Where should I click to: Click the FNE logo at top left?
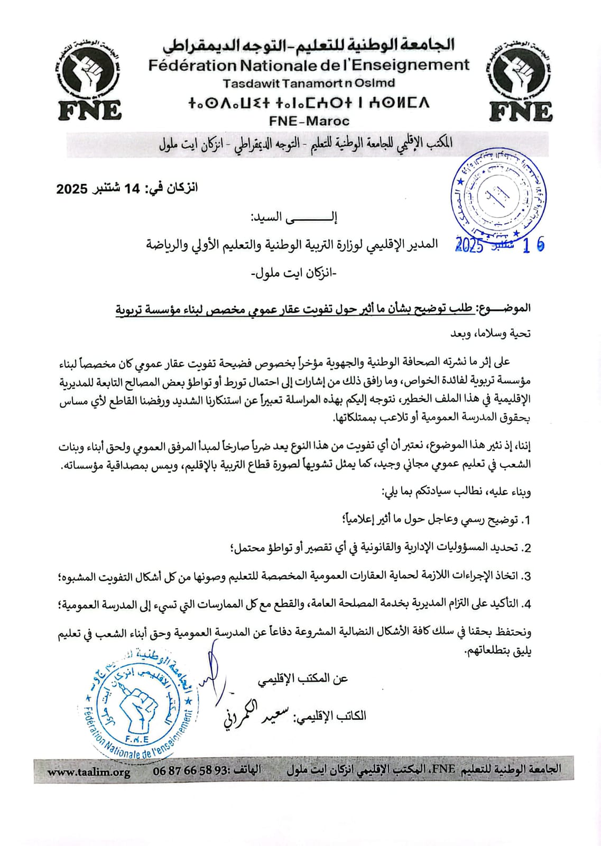pyautogui.click(x=89, y=79)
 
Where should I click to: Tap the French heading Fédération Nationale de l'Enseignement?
pyautogui.click(x=309, y=65)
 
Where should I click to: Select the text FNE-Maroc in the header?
pyautogui.click(x=309, y=121)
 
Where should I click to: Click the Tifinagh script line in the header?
pyautogui.click(x=309, y=103)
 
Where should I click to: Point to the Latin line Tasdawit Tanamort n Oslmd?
pyautogui.click(x=309, y=83)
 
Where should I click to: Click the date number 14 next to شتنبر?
pyautogui.click(x=131, y=188)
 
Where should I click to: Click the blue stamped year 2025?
pyautogui.click(x=469, y=245)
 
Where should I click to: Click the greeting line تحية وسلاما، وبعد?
pyautogui.click(x=490, y=334)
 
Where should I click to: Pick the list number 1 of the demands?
pyautogui.click(x=526, y=520)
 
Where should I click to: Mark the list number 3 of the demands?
pyautogui.click(x=526, y=576)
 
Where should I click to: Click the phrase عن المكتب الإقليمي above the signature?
pyautogui.click(x=303, y=679)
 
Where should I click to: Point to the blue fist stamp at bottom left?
pyautogui.click(x=137, y=703)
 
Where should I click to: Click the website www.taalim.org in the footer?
pyautogui.click(x=89, y=772)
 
